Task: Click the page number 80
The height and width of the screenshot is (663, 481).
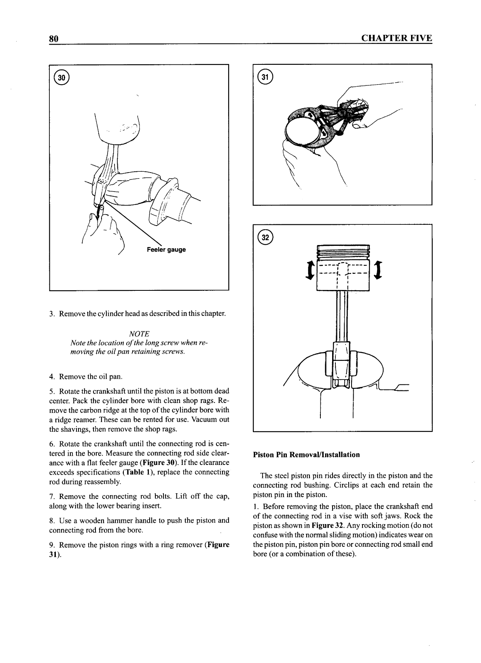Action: pos(54,38)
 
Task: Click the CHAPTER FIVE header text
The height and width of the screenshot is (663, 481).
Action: pos(396,38)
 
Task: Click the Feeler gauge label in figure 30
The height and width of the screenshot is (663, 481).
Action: pos(166,249)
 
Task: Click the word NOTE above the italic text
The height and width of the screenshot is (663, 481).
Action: pos(139,334)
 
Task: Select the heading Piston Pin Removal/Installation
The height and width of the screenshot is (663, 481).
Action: pos(306,454)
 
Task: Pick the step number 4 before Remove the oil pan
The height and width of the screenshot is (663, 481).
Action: pos(52,377)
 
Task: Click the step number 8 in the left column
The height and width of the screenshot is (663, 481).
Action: pos(52,520)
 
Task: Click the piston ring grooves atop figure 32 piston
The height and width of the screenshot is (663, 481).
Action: pos(343,252)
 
